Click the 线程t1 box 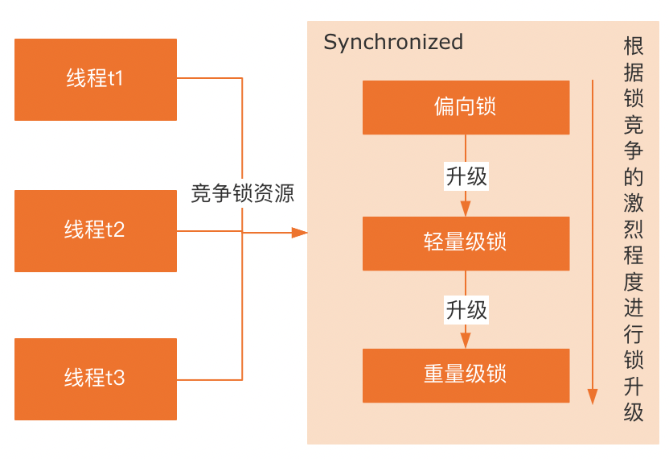point(96,80)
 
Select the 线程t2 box point(96,231)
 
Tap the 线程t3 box point(96,379)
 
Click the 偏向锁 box point(466,107)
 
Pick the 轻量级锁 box point(466,243)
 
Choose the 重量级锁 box point(466,375)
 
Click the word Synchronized point(393,43)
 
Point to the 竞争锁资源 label point(242,193)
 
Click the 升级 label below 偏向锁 point(466,176)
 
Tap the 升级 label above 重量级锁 point(466,310)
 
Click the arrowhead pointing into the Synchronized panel point(299,233)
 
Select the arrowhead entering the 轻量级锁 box point(466,209)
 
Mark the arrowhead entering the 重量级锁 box point(466,341)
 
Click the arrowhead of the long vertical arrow point(592,397)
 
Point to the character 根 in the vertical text point(634,46)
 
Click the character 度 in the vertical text point(634,281)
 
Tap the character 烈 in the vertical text point(634,229)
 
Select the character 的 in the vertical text point(634,176)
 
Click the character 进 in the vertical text point(634,308)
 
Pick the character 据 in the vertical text point(634,72)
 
